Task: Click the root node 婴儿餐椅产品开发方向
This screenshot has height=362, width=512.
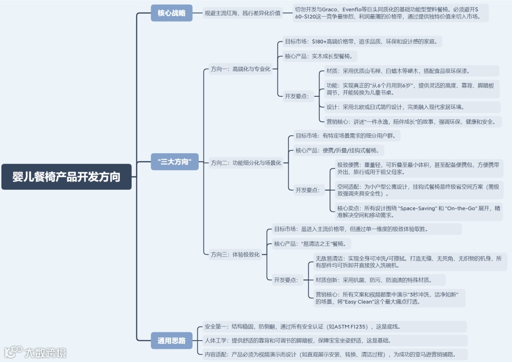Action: (x=66, y=176)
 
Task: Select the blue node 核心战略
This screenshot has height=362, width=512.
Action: (x=172, y=13)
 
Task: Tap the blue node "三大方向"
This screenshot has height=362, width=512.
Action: (x=174, y=162)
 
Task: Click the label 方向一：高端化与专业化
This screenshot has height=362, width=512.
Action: (x=240, y=69)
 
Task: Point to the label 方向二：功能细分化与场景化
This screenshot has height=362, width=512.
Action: (x=246, y=163)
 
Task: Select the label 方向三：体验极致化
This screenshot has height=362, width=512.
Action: (x=235, y=254)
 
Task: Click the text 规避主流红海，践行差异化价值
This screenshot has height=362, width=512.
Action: (x=242, y=13)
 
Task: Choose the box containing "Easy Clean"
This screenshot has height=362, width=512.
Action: (x=389, y=297)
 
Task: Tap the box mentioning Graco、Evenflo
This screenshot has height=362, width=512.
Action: (x=390, y=13)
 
